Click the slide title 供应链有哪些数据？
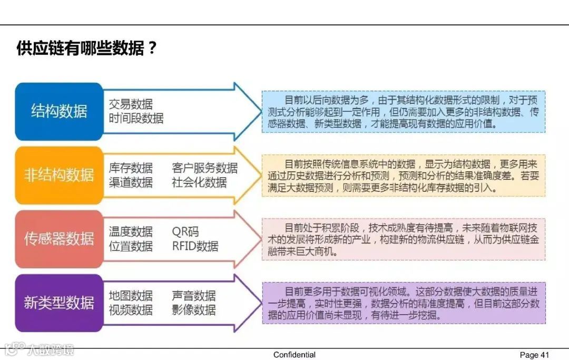pos(87,48)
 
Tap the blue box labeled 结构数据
pos(59,112)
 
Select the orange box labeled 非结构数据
pos(59,176)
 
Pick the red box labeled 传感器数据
pos(59,239)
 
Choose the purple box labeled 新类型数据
pos(59,303)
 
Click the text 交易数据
pos(131,104)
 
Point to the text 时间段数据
pos(136,118)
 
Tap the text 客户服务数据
pos(204,168)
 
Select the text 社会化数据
pos(199,182)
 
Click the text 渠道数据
pos(131,182)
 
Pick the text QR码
pos(185,232)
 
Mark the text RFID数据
pos(195,246)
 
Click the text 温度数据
pos(131,232)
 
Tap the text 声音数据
pos(194,296)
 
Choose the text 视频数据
pos(131,310)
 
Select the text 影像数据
pos(194,310)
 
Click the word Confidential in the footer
pos(295,355)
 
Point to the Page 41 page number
pos(534,355)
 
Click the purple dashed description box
pos(404,303)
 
